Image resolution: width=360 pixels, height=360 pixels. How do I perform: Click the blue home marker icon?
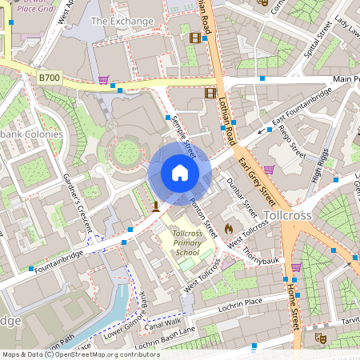(x=179, y=173)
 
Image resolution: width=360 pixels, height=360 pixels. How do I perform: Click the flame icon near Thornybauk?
(x=230, y=228)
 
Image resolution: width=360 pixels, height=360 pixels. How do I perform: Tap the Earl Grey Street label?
(x=257, y=180)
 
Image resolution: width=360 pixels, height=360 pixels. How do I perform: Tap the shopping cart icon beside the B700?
(x=103, y=80)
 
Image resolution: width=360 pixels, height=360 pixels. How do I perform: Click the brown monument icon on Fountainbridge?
(x=155, y=206)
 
